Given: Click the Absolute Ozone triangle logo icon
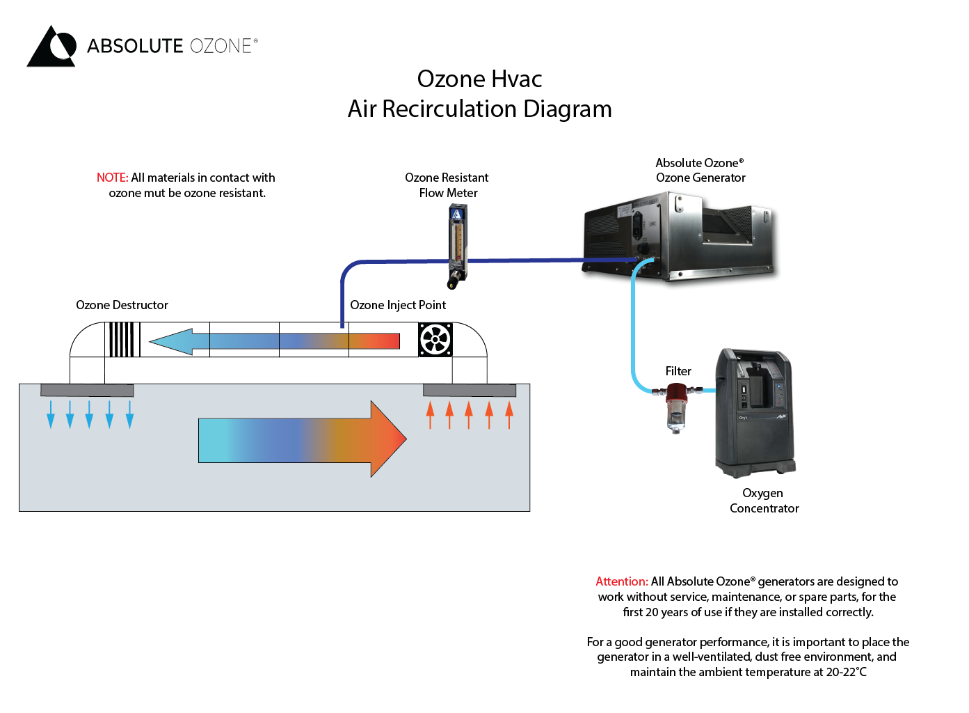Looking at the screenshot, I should point(51,47).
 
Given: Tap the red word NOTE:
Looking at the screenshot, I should point(112,178).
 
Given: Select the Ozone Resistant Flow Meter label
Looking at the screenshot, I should point(447,185).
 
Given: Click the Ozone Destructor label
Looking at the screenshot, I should point(122,305).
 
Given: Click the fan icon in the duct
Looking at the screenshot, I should point(435,340).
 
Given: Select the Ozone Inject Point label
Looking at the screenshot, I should point(398,305).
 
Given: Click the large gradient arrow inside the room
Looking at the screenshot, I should point(302,439).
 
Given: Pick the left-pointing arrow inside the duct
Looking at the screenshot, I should point(274,341).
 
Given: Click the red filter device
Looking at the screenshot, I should point(676,407).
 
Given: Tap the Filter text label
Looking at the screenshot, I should point(678,372).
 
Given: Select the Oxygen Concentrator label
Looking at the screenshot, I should point(764,501).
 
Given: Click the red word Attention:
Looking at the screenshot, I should point(622,581).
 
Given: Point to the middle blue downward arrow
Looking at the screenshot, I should point(89,414).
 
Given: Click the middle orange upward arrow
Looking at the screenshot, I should point(469,414).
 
